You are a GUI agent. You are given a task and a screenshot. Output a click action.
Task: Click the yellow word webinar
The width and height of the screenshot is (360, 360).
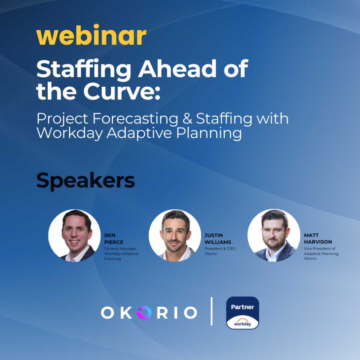click(91, 36)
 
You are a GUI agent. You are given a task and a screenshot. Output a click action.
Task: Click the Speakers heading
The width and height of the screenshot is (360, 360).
click(85, 181)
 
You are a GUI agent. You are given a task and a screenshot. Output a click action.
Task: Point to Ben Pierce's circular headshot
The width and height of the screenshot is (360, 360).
click(74, 235)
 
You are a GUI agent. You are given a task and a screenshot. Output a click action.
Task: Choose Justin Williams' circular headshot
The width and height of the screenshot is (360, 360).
click(175, 235)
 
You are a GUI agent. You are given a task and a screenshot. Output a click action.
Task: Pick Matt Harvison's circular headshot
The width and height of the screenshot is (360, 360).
click(274, 235)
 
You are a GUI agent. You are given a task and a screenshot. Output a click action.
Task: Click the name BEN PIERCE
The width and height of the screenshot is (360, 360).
click(114, 239)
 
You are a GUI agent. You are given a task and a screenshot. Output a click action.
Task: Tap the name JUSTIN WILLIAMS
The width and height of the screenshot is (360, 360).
click(218, 239)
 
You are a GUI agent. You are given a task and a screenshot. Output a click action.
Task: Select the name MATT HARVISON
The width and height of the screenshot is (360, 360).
click(318, 239)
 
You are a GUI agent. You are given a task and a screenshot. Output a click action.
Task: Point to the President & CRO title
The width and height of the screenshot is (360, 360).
click(220, 249)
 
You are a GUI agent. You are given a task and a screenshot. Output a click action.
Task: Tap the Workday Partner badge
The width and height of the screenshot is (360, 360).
click(242, 313)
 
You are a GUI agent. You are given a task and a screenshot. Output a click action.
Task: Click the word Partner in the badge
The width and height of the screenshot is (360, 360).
click(242, 307)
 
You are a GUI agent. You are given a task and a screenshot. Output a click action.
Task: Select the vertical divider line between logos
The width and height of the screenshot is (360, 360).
click(211, 311)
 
